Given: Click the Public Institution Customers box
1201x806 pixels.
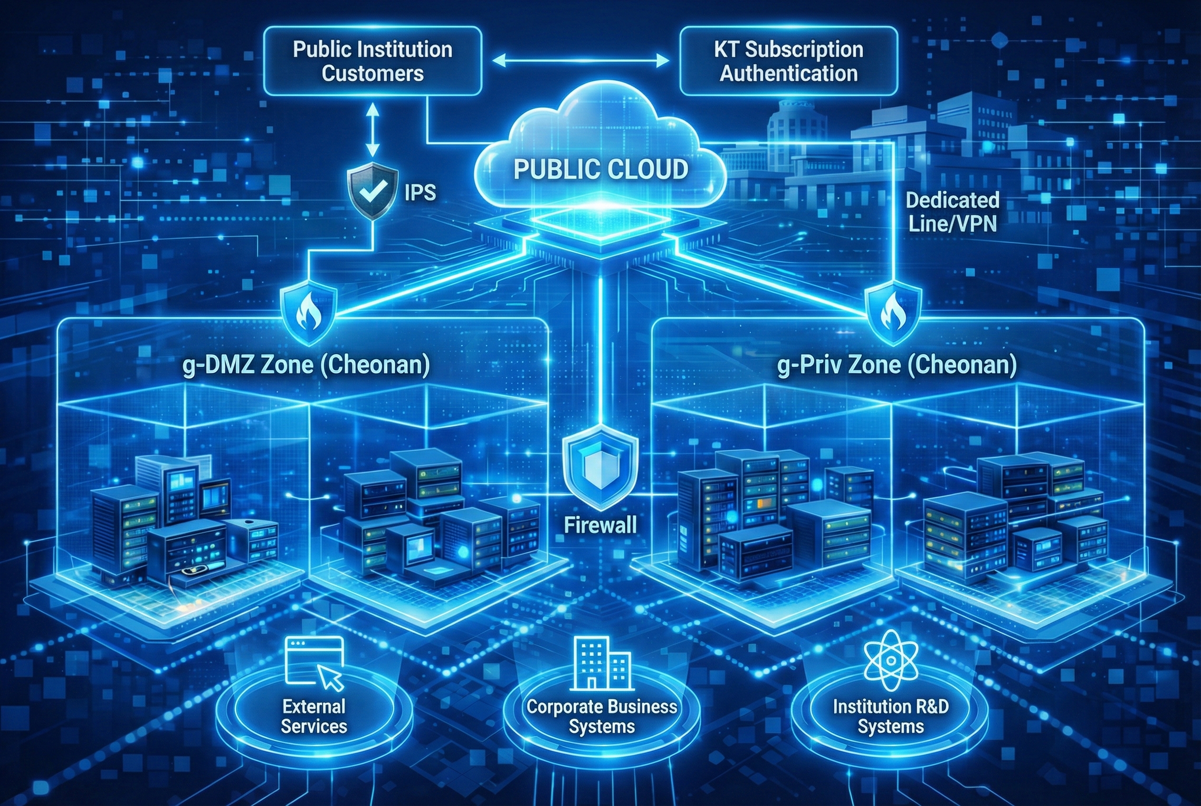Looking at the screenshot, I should (372, 61).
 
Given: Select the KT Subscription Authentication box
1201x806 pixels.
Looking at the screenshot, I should (788, 61).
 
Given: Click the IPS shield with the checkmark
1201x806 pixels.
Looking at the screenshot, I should (372, 191).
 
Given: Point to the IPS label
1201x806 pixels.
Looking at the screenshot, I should (420, 193).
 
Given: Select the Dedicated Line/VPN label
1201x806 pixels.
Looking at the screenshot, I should (952, 212).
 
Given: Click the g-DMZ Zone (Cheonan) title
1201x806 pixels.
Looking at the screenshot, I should (306, 365).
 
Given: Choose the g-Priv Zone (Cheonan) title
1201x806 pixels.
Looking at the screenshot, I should (897, 365).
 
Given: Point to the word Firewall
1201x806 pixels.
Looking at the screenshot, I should (600, 525).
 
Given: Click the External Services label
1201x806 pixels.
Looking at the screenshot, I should (314, 716).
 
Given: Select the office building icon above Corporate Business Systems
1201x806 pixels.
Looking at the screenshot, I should (601, 663).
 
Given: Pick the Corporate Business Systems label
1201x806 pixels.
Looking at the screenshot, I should (602, 716).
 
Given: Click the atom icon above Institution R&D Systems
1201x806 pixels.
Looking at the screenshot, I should (891, 661).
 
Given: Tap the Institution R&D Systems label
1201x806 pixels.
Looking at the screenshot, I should (891, 716).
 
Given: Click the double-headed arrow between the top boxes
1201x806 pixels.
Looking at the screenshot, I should (581, 62).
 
